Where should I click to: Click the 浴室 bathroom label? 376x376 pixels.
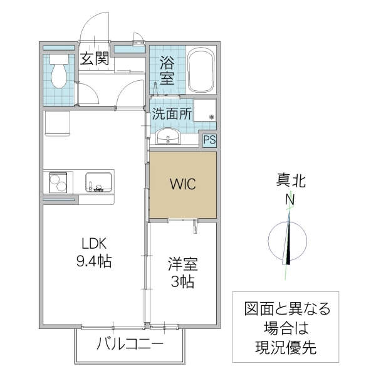167,70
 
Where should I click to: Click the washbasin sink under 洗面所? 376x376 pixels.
167,135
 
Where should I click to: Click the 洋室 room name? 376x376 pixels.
182,264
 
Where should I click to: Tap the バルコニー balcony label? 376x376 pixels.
130,344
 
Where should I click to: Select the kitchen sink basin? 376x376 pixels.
98,183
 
